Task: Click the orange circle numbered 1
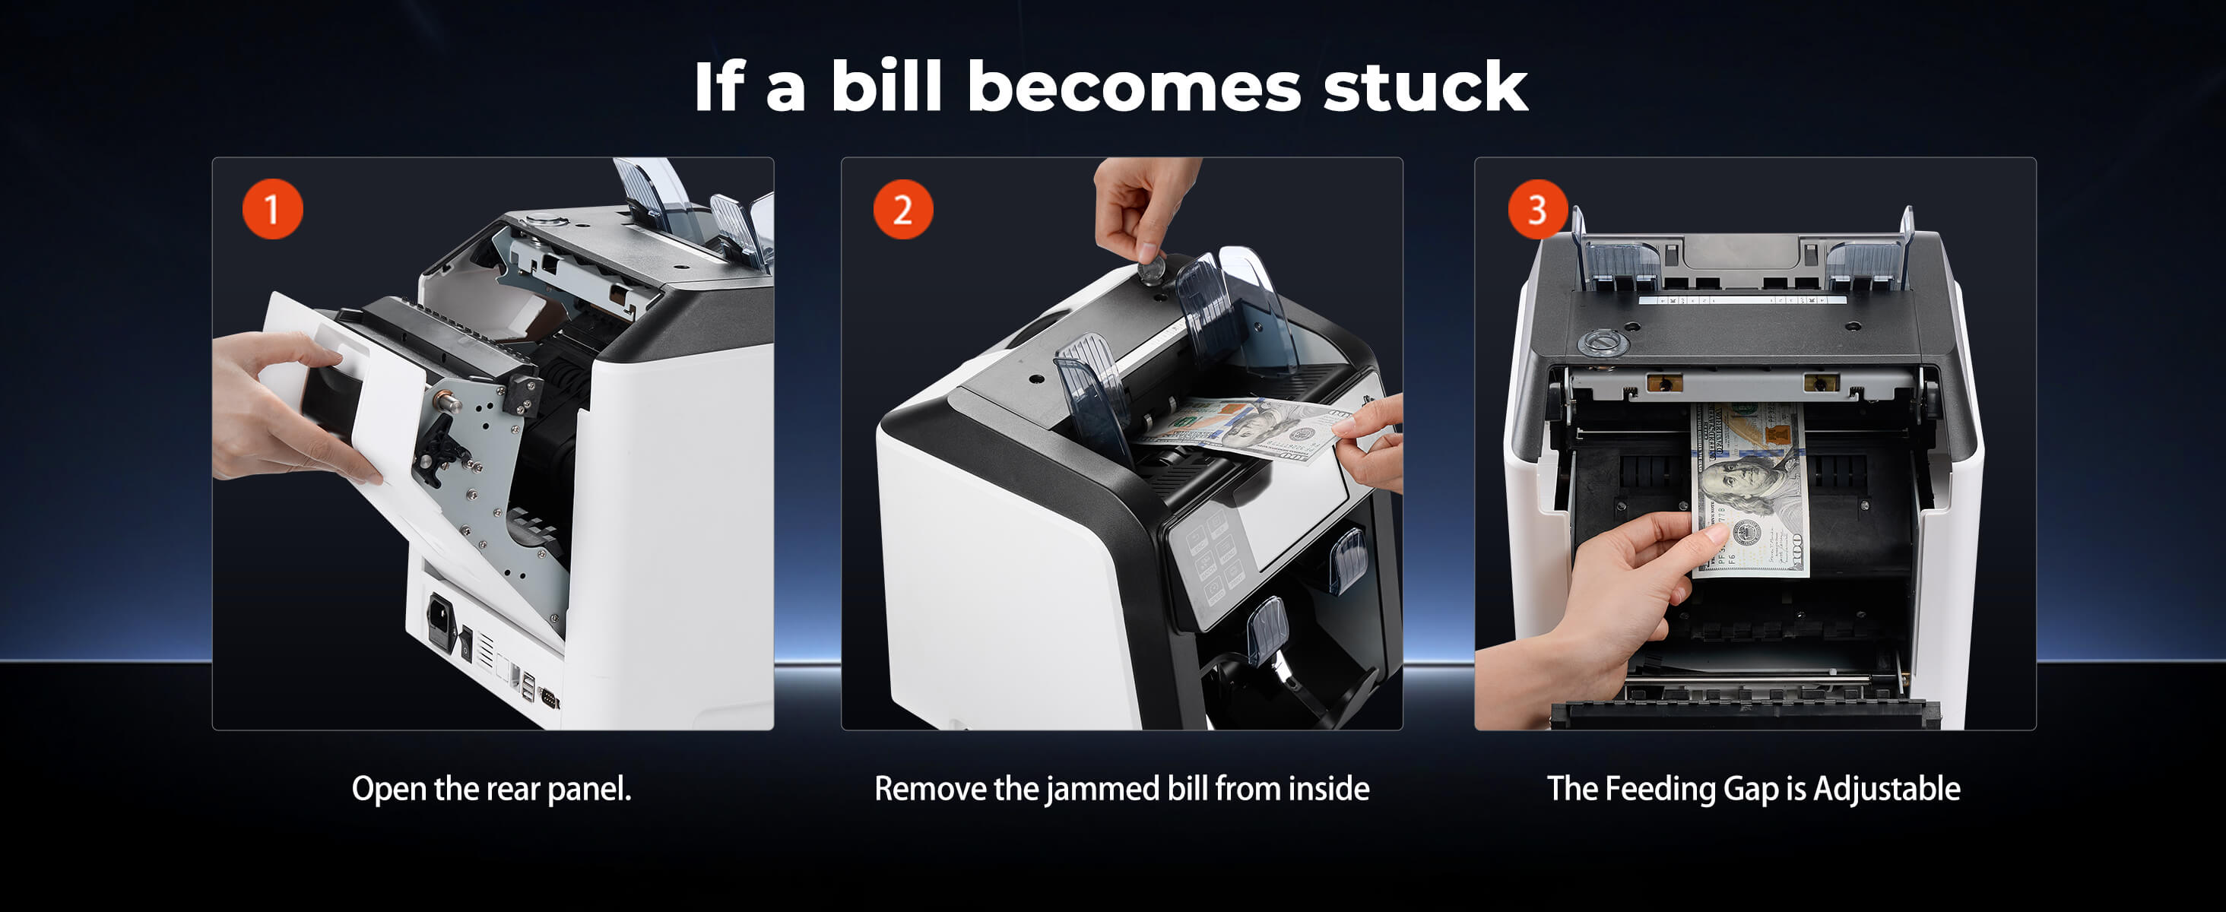pyautogui.click(x=272, y=209)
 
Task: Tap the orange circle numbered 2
pyautogui.click(x=903, y=209)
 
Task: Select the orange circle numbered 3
pyautogui.click(x=1537, y=209)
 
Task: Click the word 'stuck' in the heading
pyautogui.click(x=1425, y=87)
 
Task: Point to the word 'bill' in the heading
pyautogui.click(x=886, y=87)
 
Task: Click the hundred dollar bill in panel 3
pyautogui.click(x=1750, y=489)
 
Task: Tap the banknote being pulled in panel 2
pyautogui.click(x=1245, y=429)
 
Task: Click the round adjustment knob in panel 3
pyautogui.click(x=1603, y=343)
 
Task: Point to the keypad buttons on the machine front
pyautogui.click(x=1213, y=557)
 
